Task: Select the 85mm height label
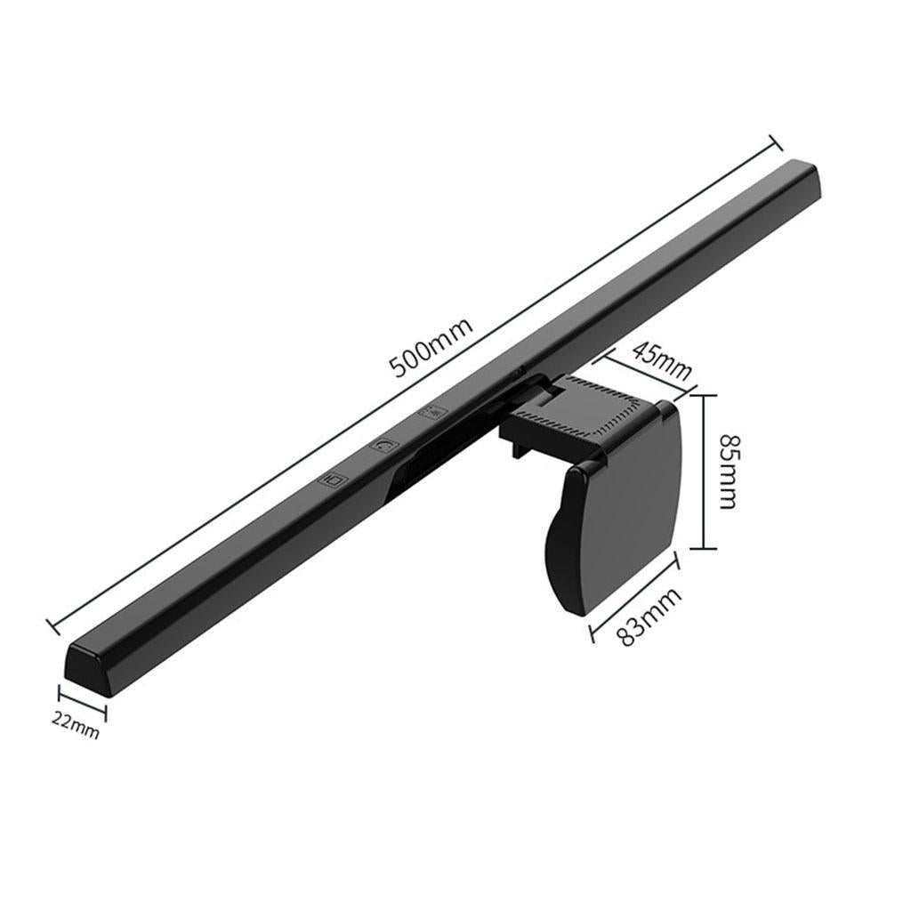[x=728, y=471]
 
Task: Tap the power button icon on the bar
[x=383, y=443]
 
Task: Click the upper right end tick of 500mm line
[x=774, y=143]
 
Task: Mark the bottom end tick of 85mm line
[x=705, y=550]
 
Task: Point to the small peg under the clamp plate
[x=515, y=453]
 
